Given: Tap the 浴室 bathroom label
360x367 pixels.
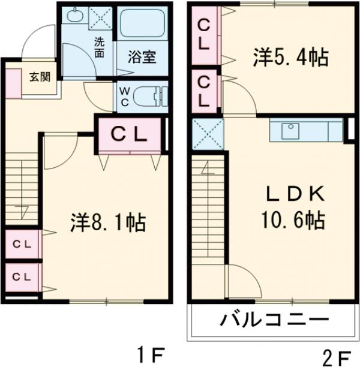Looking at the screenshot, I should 142,58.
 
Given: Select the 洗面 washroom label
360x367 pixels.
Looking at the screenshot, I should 100,47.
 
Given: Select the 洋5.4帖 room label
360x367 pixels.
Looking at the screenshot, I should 290,58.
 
